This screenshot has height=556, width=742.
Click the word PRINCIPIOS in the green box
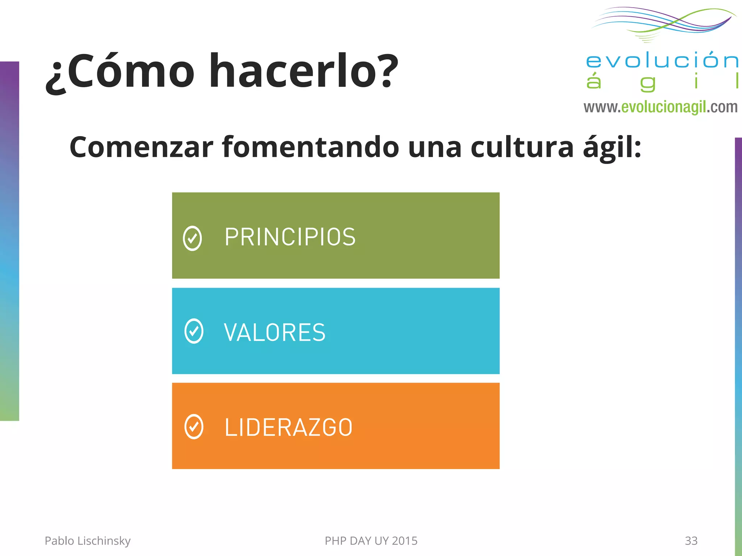pos(290,237)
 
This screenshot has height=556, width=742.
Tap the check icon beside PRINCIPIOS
pos(192,238)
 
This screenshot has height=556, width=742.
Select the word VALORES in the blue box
pos(275,332)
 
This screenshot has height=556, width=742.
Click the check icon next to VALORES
pos(194,331)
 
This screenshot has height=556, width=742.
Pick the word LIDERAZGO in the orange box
pos(288,427)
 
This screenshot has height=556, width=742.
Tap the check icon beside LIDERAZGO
pos(194,426)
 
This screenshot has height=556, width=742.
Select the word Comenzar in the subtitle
pos(141,147)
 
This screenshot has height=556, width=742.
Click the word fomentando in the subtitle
pos(310,147)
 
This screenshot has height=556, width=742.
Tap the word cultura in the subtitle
pos(522,147)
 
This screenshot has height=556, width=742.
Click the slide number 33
pos(691,541)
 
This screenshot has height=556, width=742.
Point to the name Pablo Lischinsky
pos(87,541)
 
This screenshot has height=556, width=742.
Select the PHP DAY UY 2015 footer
pos(371,541)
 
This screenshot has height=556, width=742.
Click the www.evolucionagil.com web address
pos(660,107)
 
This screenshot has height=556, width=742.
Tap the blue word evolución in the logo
pos(662,60)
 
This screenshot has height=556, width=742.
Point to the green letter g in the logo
pos(648,83)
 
